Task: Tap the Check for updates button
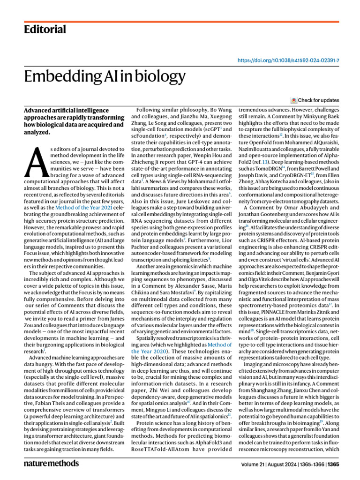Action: [315, 100]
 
